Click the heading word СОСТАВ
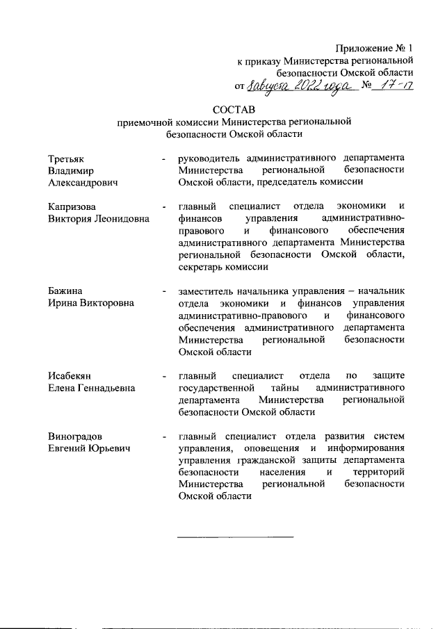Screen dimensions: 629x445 pyautogui.click(x=234, y=109)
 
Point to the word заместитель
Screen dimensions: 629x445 pyautogui.click(x=209, y=290)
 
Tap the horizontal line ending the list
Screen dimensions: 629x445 pyautogui.click(x=236, y=537)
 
